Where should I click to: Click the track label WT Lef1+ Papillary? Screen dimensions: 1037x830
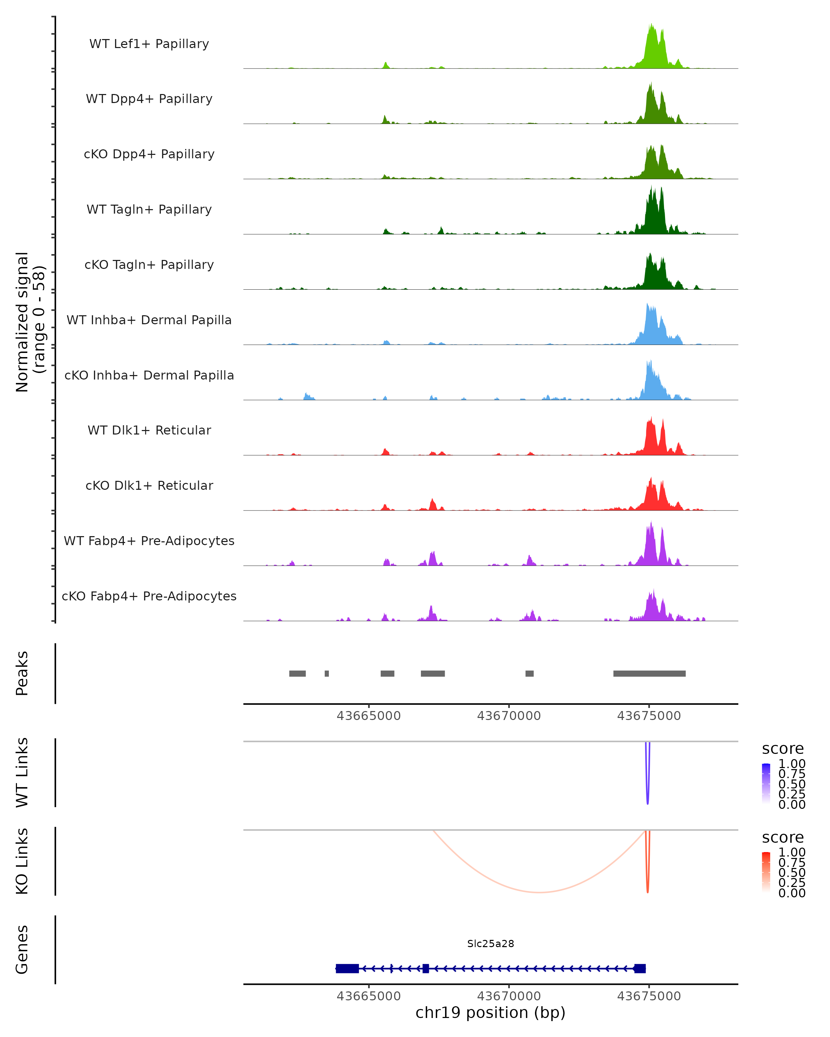[149, 44]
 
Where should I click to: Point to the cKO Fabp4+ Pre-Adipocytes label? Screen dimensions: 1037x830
[149, 596]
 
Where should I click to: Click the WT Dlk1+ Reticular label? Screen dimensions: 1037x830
[149, 430]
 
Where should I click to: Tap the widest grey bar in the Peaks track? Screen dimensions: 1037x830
[649, 673]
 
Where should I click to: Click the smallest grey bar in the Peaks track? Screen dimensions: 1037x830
[327, 673]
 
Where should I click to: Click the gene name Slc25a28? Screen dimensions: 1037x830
[490, 944]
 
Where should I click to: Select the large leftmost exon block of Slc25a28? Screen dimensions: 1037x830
[347, 968]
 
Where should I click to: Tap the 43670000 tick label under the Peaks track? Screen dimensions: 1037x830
[509, 716]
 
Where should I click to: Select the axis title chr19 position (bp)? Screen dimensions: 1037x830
[490, 1012]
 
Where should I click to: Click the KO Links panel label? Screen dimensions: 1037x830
[22, 861]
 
